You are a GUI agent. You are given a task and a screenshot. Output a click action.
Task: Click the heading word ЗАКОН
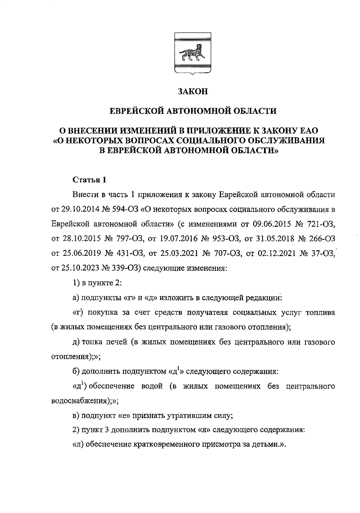pos(193,91)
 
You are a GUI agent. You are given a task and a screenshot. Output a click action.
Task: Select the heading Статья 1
pos(89,180)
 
